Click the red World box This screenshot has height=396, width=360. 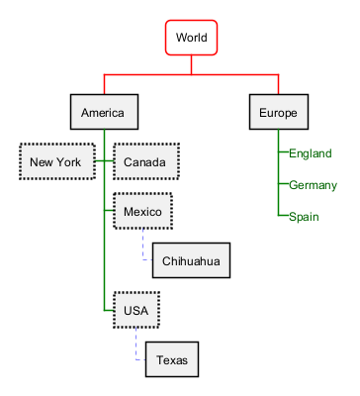coord(191,38)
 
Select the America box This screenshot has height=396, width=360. coord(104,112)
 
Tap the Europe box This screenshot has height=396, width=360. coord(279,112)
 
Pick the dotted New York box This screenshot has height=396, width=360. coord(57,161)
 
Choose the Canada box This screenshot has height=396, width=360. coord(146,161)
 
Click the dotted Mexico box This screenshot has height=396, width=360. coord(142,211)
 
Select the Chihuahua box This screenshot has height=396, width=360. coord(191,260)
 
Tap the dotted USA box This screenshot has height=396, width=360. coord(136,310)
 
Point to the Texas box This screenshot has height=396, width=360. coord(172,359)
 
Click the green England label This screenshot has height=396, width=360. coord(311,153)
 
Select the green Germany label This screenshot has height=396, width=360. coord(313,185)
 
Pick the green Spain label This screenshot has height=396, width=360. coord(304,217)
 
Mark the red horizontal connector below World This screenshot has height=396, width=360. coord(191,74)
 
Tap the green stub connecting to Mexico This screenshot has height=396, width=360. coord(109,211)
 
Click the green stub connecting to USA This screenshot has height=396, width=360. coord(109,310)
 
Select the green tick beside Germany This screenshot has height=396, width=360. coord(284,183)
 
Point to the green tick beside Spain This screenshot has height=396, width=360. coord(284,215)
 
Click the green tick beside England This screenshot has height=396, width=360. coord(284,151)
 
